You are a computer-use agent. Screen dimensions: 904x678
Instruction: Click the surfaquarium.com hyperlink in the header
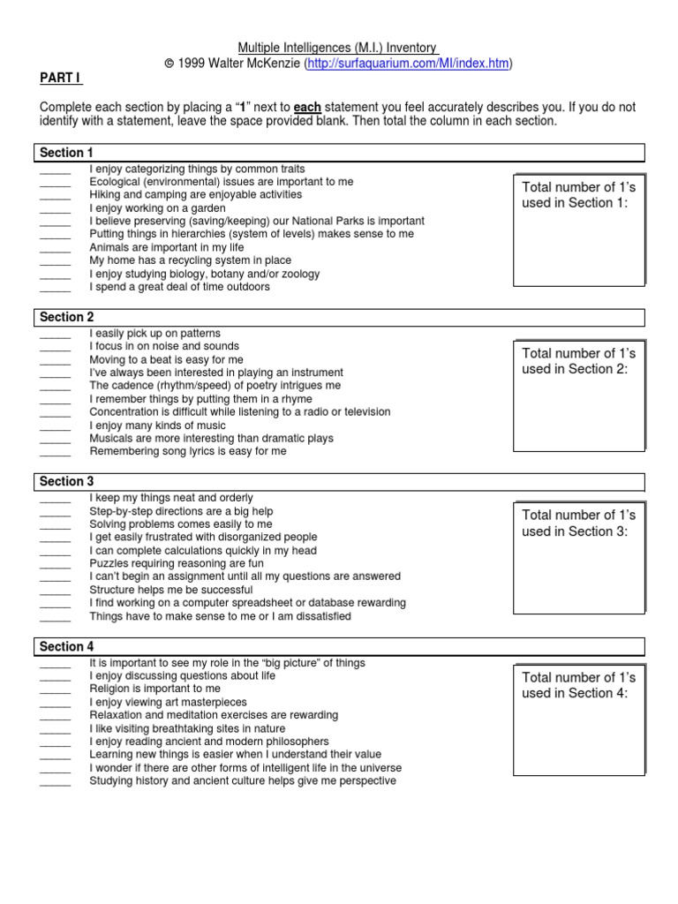[x=409, y=64]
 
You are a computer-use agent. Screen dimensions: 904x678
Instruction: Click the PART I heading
[x=59, y=79]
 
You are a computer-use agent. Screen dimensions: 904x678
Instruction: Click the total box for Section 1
[x=579, y=230]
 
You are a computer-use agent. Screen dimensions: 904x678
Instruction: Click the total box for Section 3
[x=579, y=558]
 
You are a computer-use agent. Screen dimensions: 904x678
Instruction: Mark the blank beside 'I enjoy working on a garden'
[x=55, y=208]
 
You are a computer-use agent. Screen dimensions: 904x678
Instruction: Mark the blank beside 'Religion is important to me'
[x=55, y=689]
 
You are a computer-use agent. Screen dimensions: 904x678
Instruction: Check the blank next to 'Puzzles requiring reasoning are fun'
[x=55, y=563]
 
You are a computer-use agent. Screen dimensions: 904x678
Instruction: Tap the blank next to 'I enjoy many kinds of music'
[x=55, y=426]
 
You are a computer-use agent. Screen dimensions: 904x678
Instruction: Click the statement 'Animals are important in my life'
[x=167, y=247]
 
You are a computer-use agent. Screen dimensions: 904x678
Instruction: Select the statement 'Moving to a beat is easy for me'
[x=166, y=360]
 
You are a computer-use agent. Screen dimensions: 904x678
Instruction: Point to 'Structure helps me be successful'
[x=171, y=590]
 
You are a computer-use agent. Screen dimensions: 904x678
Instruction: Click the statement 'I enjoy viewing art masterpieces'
[x=168, y=702]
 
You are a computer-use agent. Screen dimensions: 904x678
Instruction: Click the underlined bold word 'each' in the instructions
[x=307, y=108]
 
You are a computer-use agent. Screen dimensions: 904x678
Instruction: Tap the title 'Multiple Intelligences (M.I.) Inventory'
[x=338, y=48]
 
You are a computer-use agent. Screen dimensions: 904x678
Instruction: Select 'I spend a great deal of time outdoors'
[x=180, y=287]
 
